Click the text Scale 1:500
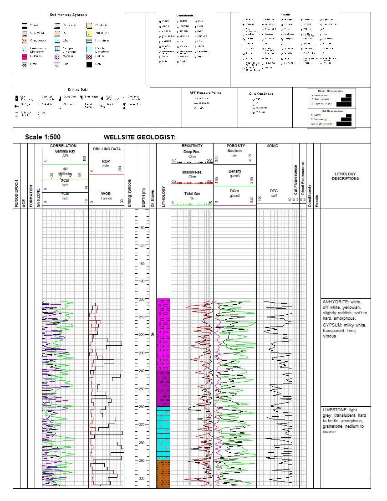tap(43, 137)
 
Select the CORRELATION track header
tap(63, 146)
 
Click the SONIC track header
tap(272, 146)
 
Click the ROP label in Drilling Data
tap(106, 161)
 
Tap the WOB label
tap(106, 194)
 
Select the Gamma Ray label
tap(65, 151)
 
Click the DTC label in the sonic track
tap(274, 191)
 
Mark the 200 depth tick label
tap(142, 299)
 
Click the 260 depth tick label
tap(142, 407)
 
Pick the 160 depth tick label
tap(142, 228)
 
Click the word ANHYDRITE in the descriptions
tap(334, 302)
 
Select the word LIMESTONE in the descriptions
tap(334, 410)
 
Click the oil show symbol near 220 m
tap(153, 335)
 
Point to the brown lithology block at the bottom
tap(163, 474)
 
